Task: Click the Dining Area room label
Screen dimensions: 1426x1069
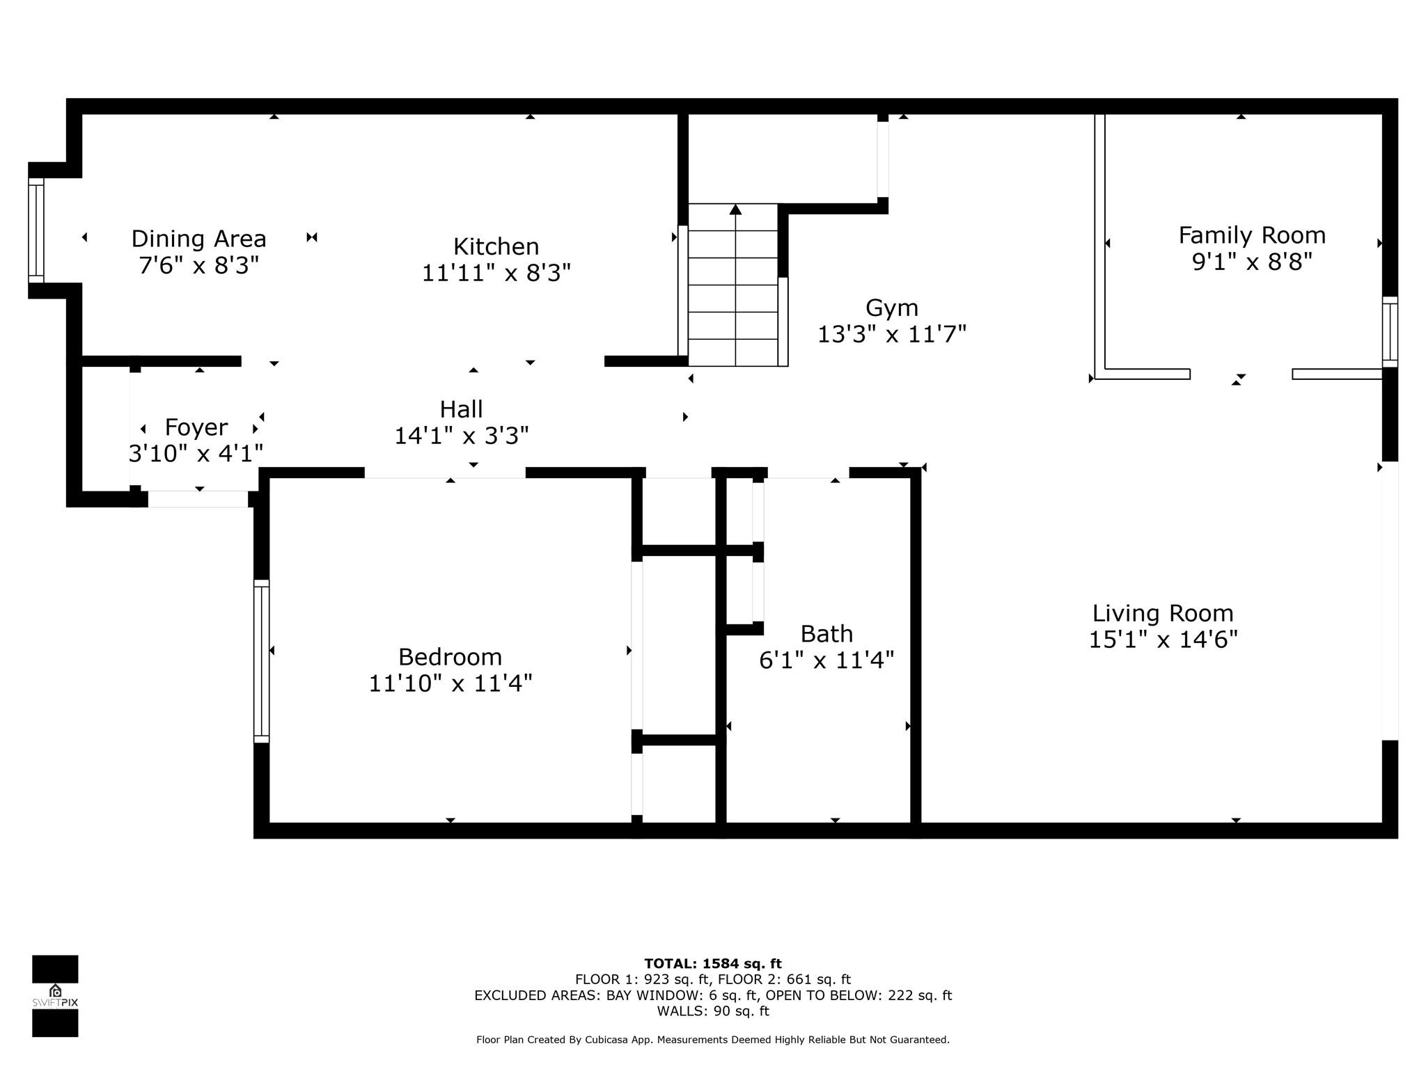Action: coord(198,239)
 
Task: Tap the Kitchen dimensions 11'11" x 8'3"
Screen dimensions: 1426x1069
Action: coord(496,273)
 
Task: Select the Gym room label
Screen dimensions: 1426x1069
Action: coord(891,308)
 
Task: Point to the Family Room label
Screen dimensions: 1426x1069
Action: coord(1252,235)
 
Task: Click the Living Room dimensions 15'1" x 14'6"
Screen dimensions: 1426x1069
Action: coord(1163,640)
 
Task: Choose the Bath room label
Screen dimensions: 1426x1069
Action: coord(826,633)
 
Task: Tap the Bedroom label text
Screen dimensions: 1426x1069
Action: coord(450,656)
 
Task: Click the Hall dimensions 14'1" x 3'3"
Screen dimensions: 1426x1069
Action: coord(462,436)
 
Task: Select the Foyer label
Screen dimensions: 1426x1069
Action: coord(196,427)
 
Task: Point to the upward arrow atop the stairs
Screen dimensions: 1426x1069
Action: coord(735,209)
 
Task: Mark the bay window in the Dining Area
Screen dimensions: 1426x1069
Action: coord(36,230)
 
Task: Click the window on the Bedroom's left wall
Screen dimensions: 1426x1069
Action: coord(261,661)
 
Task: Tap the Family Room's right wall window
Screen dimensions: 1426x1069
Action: coord(1390,332)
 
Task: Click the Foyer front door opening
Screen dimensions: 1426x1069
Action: coord(198,499)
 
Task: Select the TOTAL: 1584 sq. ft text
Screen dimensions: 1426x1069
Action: coord(713,964)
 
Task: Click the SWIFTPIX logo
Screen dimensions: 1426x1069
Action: coord(55,996)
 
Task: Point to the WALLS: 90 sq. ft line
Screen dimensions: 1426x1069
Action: coord(713,1011)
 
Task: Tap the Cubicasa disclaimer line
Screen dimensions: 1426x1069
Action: coord(713,1040)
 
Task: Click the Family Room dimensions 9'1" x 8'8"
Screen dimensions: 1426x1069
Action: coord(1252,262)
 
